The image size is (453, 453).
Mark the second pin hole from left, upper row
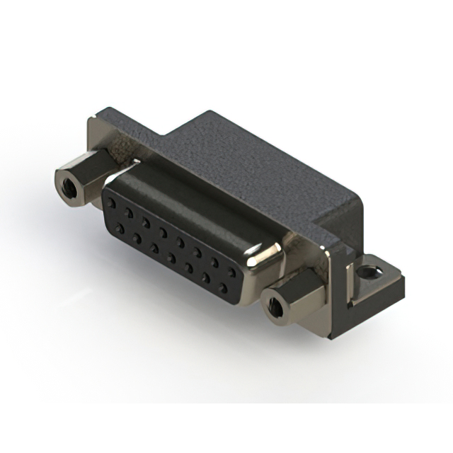point(129,211)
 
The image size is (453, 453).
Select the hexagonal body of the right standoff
point(297,290)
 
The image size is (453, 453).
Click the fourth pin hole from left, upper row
point(164,231)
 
